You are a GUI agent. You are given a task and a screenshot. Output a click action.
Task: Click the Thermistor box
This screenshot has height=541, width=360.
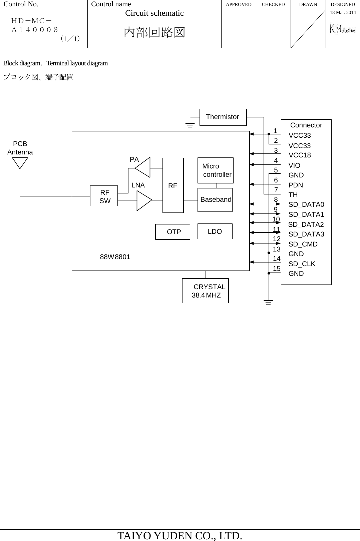click(223, 117)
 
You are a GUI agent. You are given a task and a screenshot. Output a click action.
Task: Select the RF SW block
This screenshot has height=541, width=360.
click(104, 196)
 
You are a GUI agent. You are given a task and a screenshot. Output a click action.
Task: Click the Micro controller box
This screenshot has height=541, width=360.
click(216, 170)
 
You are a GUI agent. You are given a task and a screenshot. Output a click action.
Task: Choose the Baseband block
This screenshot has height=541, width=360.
click(215, 200)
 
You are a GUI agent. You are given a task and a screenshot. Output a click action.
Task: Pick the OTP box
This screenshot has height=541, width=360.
click(173, 232)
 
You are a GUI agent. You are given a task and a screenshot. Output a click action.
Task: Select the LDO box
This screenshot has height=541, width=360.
click(215, 231)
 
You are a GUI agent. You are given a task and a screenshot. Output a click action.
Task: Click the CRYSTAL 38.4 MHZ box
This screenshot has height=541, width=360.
click(206, 291)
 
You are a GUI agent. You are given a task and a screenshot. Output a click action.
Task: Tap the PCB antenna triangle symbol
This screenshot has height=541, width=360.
click(20, 162)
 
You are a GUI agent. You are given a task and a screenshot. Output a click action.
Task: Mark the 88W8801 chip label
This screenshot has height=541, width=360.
click(115, 257)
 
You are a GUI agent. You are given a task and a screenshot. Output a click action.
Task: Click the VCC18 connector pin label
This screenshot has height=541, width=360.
click(300, 155)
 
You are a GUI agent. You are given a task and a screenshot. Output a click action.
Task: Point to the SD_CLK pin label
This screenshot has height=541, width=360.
click(302, 264)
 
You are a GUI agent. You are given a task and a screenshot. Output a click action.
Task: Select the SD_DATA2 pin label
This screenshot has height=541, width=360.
click(306, 224)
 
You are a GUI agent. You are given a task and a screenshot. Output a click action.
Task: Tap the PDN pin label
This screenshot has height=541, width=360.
click(296, 185)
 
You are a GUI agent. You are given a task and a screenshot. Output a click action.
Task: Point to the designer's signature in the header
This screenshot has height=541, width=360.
click(342, 29)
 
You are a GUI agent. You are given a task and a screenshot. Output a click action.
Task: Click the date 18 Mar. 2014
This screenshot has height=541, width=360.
click(343, 12)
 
